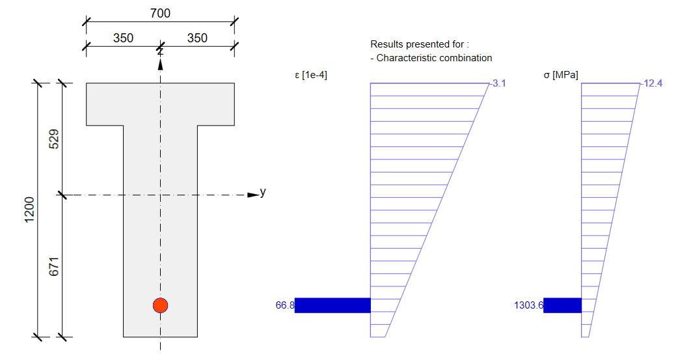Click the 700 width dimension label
point(160,13)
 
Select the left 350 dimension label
point(123,38)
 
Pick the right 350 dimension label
point(197,38)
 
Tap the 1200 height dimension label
point(29,210)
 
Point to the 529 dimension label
point(54,139)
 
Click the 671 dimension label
point(54,266)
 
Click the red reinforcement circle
point(160,305)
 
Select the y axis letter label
point(263,192)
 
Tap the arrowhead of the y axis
point(253,195)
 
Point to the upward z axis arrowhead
point(160,64)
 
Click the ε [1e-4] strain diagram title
point(311,76)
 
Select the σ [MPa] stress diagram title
point(560,76)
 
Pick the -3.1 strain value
point(498,83)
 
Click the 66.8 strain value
point(285,305)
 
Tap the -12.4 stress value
point(651,83)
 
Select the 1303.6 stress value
point(528,305)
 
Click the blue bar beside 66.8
point(332,305)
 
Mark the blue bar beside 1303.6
point(562,305)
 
